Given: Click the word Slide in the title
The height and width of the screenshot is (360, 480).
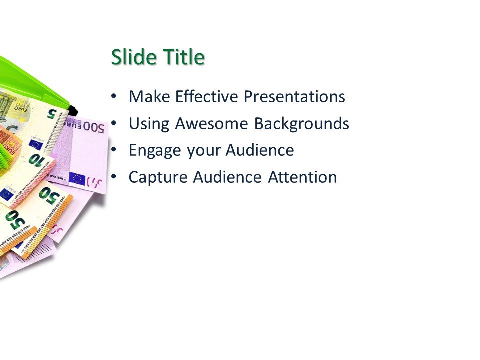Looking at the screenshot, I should (131, 58).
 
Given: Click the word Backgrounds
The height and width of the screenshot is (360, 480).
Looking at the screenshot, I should (301, 123).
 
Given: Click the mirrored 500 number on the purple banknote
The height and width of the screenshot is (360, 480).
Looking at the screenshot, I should (93, 127).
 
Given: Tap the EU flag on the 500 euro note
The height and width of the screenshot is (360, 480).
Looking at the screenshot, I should (77, 178).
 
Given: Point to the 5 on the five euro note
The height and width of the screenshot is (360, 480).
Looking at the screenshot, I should (52, 113).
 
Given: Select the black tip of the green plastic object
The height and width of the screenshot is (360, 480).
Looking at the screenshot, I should (73, 108).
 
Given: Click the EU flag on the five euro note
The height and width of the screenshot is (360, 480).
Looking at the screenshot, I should (35, 145).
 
